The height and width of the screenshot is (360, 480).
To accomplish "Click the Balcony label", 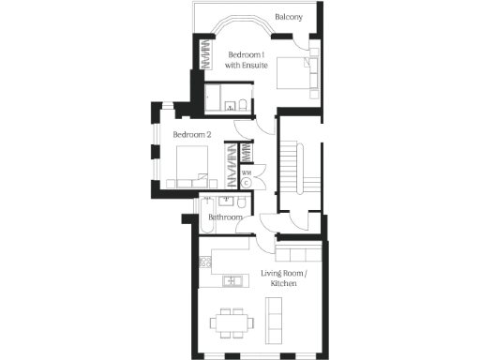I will (287, 16).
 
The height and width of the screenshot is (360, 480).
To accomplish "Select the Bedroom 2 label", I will (191, 135).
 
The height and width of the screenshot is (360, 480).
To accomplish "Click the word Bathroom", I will (225, 217).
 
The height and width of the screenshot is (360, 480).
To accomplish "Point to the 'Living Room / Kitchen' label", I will (283, 278).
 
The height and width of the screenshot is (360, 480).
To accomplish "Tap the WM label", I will (246, 173).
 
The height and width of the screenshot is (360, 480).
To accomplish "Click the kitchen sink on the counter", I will (229, 281).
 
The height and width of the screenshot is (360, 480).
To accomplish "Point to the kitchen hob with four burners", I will (203, 263).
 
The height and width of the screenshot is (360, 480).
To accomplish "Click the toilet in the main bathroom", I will (241, 202).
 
